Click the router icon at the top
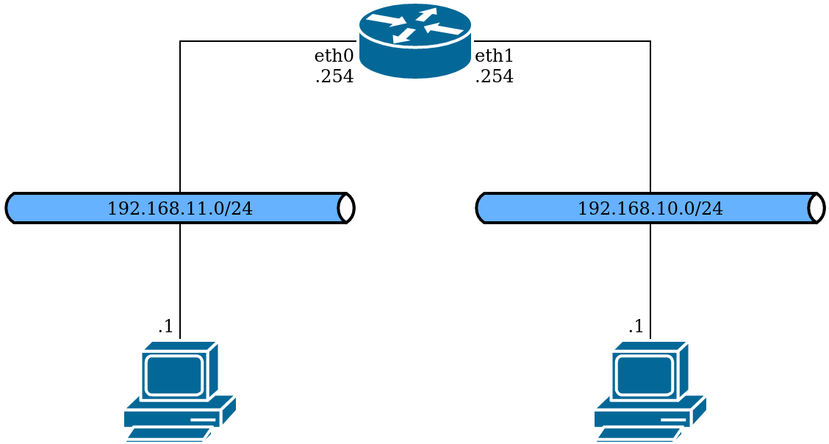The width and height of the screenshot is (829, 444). (414, 40)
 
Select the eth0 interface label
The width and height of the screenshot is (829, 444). (334, 56)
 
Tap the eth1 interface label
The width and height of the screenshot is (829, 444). (494, 56)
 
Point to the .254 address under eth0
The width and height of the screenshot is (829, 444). (334, 76)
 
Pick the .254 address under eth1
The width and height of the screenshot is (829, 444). (494, 76)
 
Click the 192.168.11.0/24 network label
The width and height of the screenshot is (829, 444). (180, 209)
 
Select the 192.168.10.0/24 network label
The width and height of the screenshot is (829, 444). (650, 209)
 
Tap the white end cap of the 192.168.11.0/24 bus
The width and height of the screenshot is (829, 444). (346, 208)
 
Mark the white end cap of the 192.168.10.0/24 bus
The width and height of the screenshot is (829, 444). (816, 208)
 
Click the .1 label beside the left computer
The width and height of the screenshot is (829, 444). (166, 326)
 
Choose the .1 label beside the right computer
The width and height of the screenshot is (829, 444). (636, 326)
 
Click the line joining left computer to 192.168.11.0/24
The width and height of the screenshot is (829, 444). (180, 279)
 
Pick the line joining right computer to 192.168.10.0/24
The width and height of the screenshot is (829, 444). (650, 279)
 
